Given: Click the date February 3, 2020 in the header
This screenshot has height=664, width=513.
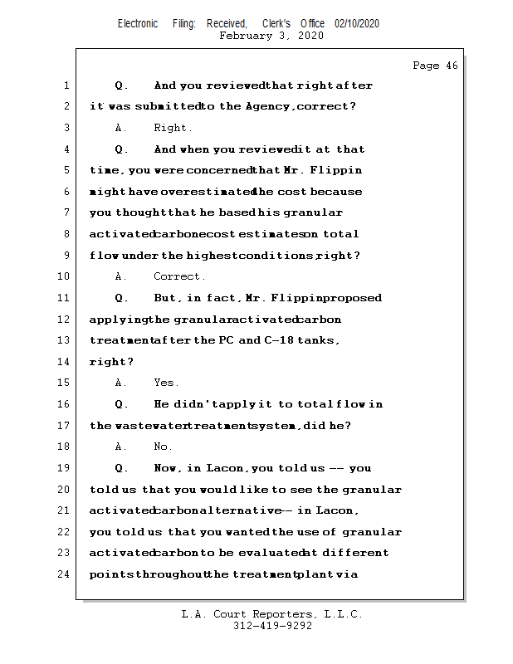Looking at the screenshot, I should pos(271,36).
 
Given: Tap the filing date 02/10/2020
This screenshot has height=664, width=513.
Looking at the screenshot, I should pos(357,24).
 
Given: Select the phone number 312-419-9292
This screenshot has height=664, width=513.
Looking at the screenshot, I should pos(272,626).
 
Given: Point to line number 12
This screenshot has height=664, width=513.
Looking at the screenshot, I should pos(64,320).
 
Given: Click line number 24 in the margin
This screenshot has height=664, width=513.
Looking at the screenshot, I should pos(64,574).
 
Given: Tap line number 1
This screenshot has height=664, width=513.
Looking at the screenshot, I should pos(66,85).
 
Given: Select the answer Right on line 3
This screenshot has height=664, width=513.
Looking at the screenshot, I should pos(173,128).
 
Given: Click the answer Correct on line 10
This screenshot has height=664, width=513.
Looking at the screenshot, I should pos(179,276).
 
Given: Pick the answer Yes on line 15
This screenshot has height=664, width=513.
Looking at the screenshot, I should pos(166,383).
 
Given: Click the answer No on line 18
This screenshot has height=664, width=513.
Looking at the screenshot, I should pos(163,447).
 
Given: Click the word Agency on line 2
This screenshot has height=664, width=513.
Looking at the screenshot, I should pos(269,107).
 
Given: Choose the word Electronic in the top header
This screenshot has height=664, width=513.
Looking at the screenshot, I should pos(138,24).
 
